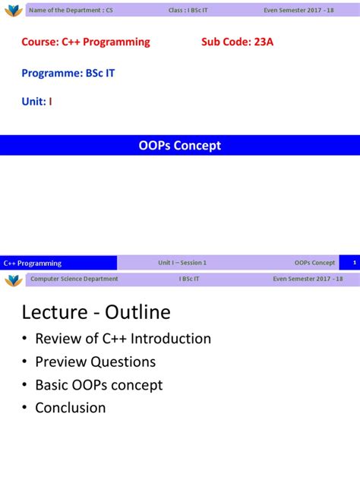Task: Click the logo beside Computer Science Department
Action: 13,279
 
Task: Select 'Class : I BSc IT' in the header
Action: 188,9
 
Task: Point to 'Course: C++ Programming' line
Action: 86,42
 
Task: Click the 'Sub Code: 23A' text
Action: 237,42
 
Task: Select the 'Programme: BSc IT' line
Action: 68,73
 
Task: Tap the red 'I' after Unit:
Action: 51,102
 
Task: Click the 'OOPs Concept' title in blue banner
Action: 180,145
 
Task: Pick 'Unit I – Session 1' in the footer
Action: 182,263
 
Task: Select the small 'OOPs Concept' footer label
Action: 314,263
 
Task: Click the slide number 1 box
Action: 353,263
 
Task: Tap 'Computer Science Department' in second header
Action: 74,279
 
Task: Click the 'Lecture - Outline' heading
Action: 96,312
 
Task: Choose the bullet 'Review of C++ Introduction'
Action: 122,339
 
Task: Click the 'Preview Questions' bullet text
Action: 95,362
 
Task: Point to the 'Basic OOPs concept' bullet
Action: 99,385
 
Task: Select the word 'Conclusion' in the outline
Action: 70,408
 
